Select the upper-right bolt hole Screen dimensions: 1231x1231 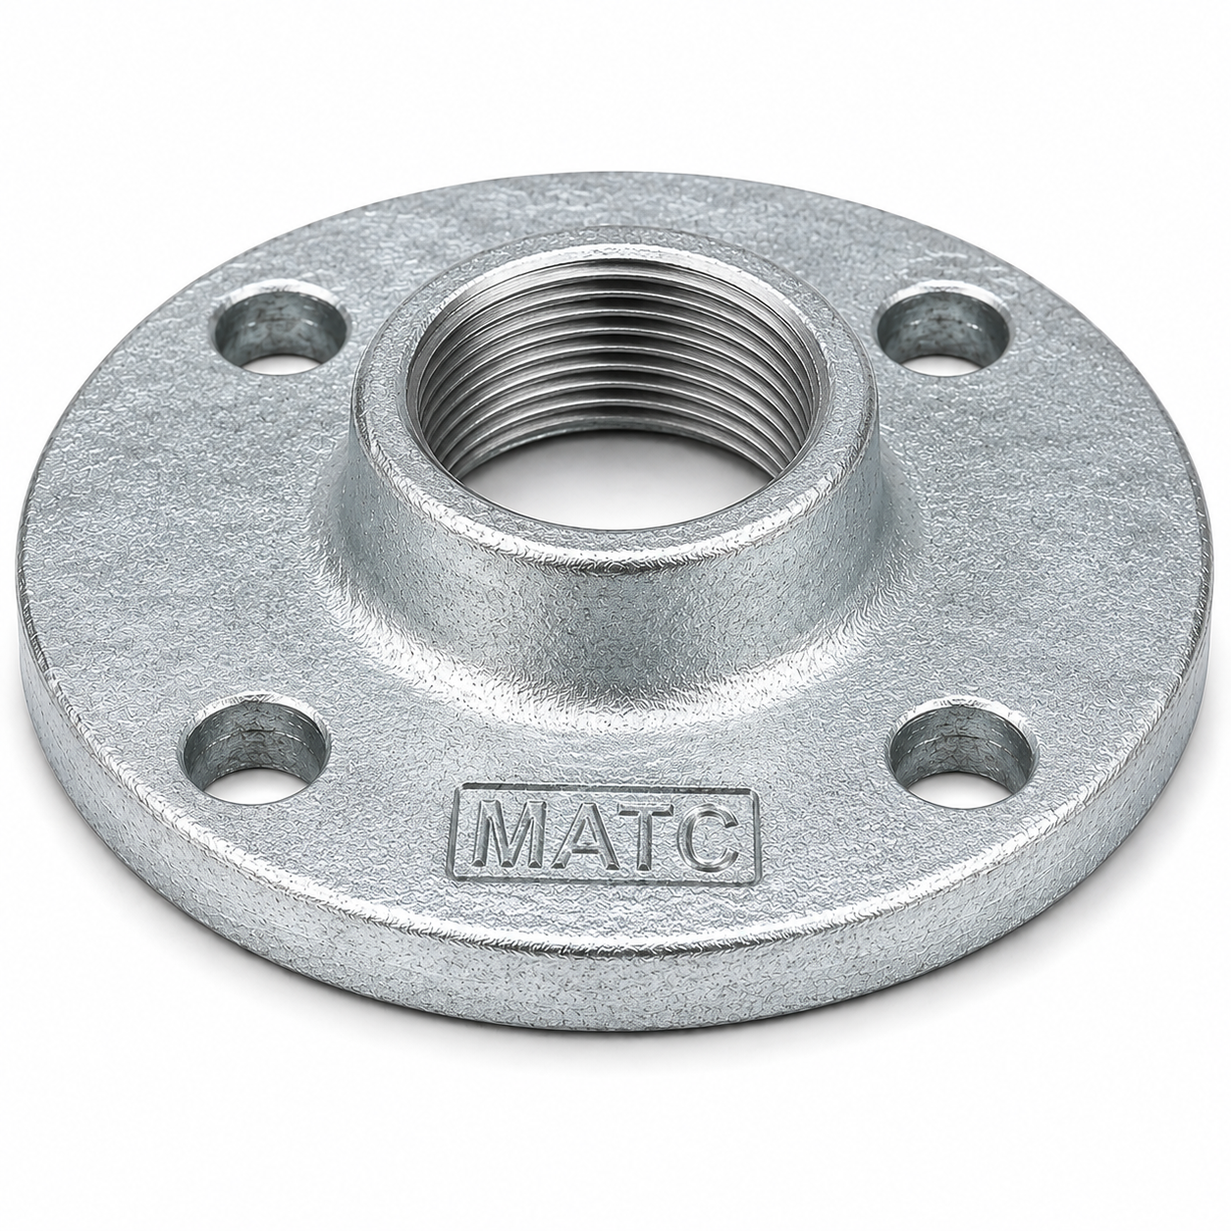point(943,330)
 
